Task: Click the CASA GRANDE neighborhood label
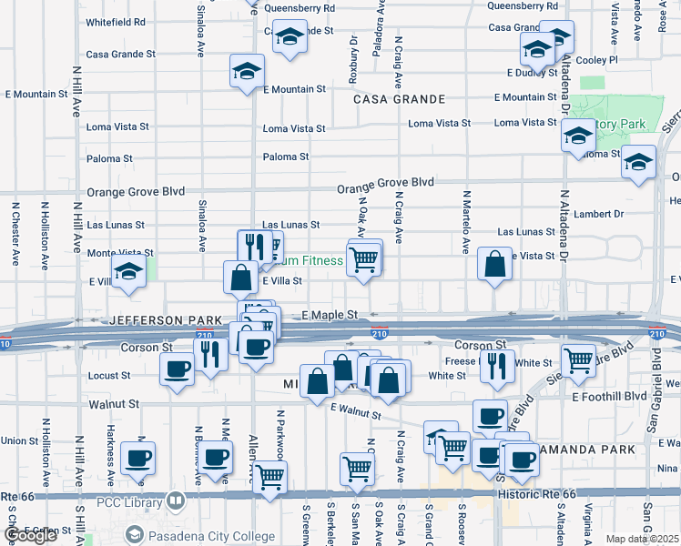[399, 99]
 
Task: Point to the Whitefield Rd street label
[116, 21]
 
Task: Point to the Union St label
[19, 440]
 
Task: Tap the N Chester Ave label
[15, 234]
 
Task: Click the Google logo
[30, 536]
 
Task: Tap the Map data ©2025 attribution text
[641, 539]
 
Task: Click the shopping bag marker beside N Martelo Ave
[493, 265]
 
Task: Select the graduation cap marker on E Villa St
[128, 272]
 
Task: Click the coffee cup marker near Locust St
[176, 369]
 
